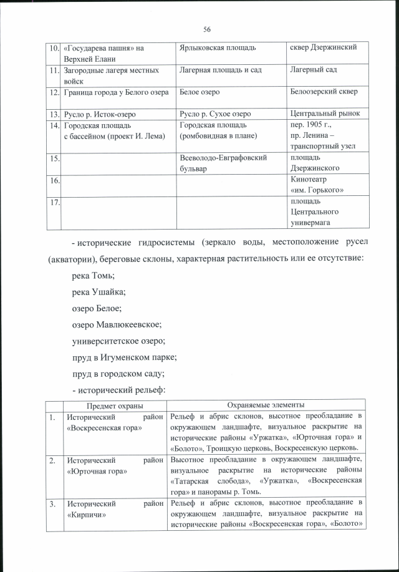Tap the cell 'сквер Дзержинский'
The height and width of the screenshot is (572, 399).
pyautogui.click(x=323, y=48)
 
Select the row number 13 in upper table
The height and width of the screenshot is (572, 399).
pyautogui.click(x=55, y=114)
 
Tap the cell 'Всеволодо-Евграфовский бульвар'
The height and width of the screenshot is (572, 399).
pyautogui.click(x=222, y=163)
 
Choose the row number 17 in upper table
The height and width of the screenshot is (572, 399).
pyautogui.click(x=55, y=201)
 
